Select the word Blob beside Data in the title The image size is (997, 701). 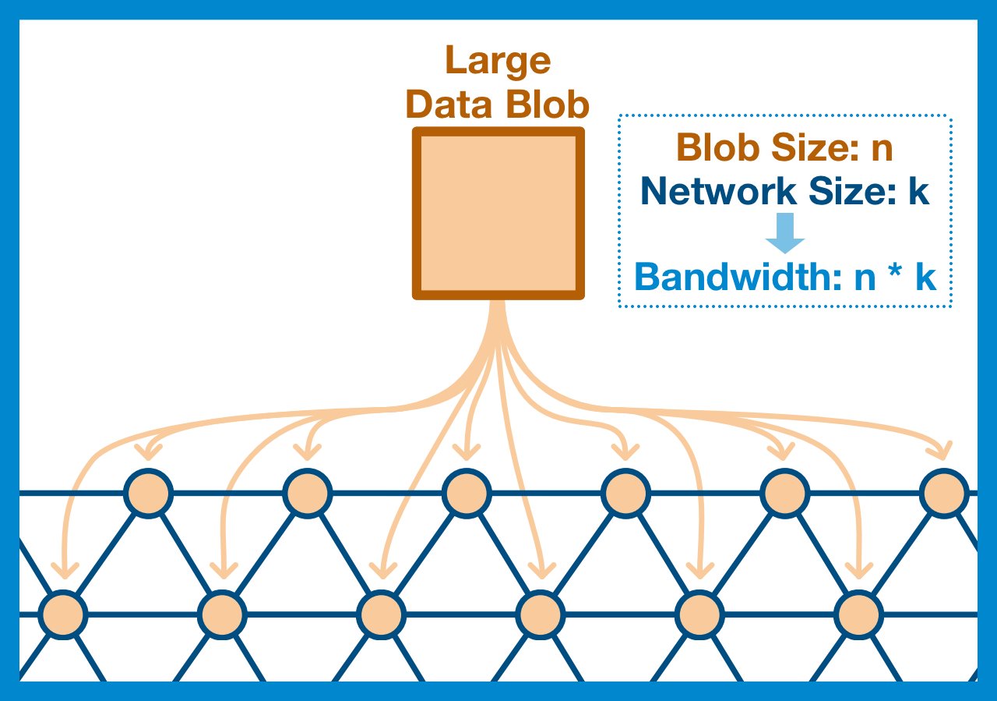[548, 103]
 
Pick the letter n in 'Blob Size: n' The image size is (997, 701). [881, 148]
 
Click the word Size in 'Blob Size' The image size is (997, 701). [811, 148]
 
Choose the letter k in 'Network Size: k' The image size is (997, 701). [918, 192]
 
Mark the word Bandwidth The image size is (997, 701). [729, 278]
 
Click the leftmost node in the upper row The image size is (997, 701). [148, 493]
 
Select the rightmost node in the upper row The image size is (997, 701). [944, 493]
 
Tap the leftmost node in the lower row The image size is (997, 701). [63, 614]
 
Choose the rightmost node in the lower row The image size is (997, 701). [859, 614]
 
